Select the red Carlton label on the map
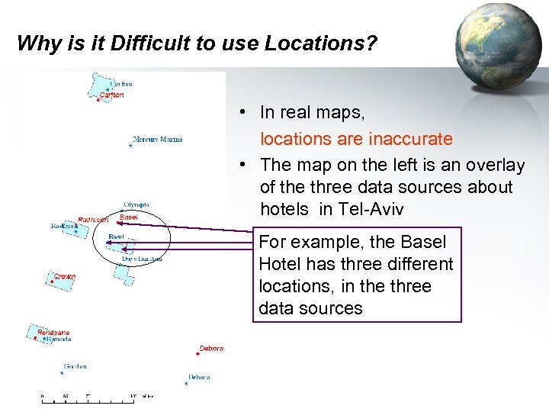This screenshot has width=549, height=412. (x=111, y=95)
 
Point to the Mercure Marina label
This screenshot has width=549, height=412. (x=158, y=140)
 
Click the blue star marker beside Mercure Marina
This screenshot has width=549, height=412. (x=130, y=146)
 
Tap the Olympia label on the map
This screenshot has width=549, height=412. (x=136, y=204)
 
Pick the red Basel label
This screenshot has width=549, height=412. (x=129, y=217)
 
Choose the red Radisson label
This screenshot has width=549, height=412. (x=93, y=220)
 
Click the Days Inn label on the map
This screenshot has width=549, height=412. (x=143, y=259)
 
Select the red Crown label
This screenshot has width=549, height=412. (x=65, y=276)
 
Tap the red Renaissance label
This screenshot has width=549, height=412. (x=53, y=333)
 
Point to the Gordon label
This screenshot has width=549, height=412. (x=75, y=366)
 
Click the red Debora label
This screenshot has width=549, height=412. (x=211, y=349)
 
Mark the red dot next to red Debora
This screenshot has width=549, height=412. (x=198, y=354)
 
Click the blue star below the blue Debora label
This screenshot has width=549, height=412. (x=186, y=384)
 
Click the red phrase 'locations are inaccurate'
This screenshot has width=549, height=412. (x=356, y=139)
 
